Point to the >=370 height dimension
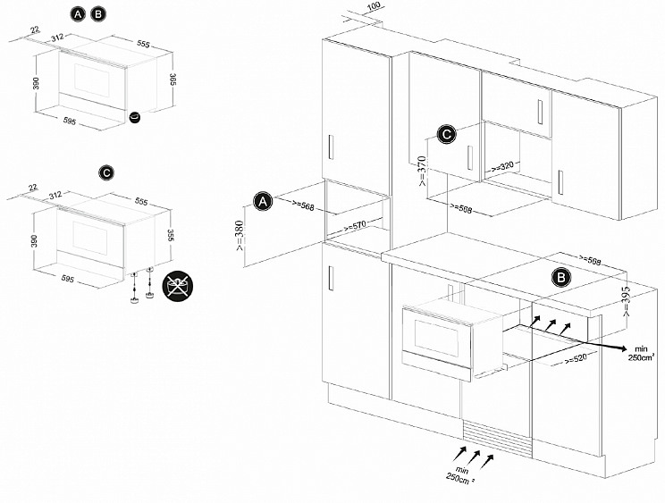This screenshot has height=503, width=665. point(422,171)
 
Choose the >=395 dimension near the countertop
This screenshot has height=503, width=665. point(627,298)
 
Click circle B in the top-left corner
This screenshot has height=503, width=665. point(98,14)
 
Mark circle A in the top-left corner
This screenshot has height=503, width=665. point(79,14)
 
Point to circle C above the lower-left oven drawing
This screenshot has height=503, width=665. point(105,171)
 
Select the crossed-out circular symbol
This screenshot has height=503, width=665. point(176,286)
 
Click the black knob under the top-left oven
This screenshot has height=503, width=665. point(136,119)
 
